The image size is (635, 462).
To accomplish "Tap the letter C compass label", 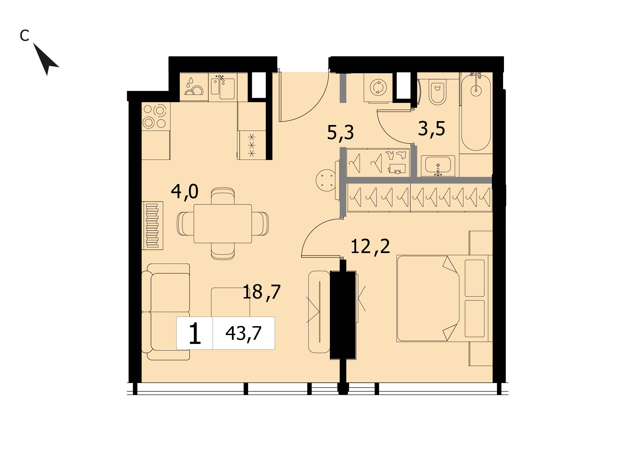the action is [24, 35].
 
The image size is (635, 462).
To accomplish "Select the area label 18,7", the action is [261, 292].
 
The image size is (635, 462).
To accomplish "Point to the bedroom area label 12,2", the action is [370, 246].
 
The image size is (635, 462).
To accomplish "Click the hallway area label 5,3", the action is [340, 132].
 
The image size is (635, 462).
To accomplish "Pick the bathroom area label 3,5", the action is [431, 129].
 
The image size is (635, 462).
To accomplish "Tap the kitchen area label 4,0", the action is [185, 192].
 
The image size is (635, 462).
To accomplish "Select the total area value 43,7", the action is [243, 333].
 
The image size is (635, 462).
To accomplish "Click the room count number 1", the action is [195, 333].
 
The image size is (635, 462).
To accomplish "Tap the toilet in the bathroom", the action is [438, 91].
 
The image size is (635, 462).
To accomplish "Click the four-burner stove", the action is [156, 116].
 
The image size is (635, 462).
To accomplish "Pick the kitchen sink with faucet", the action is [223, 87].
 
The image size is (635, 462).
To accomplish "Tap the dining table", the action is [222, 224].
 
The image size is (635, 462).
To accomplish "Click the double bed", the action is [444, 298].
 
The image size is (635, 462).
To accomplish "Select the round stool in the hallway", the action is [326, 181].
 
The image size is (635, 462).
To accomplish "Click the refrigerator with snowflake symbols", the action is [252, 145].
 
